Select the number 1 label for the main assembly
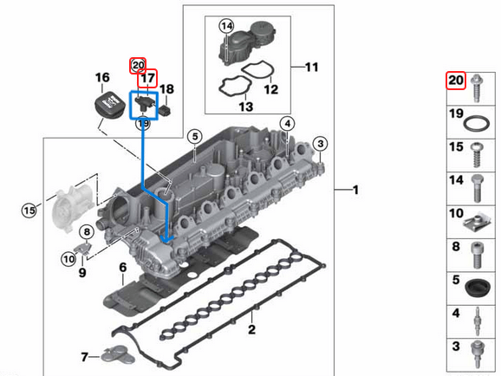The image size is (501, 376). coord(355,189)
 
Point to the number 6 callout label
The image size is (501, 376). coord(123,266)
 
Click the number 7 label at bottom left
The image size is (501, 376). coord(83,355)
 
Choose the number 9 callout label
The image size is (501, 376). coord(82,273)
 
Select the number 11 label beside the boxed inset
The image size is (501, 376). coord(312,66)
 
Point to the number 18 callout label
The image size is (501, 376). coord(167,89)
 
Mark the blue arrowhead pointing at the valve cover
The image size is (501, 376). coord(167,235)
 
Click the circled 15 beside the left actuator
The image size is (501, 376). coord(29,210)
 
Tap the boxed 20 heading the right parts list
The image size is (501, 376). coord(456,81)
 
